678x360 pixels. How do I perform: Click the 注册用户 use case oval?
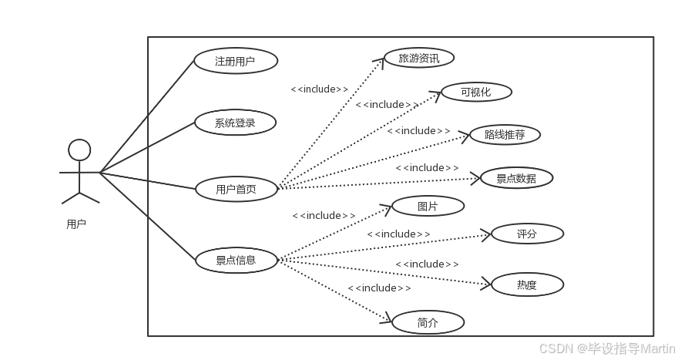point(235,61)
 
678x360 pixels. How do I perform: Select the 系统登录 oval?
point(235,123)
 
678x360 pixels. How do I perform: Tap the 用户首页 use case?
point(236,189)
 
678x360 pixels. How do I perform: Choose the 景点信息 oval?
point(236,260)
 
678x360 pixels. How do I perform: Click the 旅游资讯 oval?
point(419,58)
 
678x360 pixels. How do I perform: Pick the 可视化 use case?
point(475,93)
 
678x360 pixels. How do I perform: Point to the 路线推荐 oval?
point(505,135)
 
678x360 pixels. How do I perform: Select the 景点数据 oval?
point(516,178)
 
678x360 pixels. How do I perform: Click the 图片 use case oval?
point(428,206)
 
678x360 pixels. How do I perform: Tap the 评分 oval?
point(527,234)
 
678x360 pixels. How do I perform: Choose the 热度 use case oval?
point(527,284)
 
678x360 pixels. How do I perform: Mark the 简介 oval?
point(428,323)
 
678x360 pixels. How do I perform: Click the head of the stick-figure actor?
point(79,150)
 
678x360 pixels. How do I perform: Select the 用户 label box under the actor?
point(76,224)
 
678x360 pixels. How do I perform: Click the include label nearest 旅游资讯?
point(319,89)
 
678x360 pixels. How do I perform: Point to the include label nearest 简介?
point(379,288)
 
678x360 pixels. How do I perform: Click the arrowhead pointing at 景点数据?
point(475,179)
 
